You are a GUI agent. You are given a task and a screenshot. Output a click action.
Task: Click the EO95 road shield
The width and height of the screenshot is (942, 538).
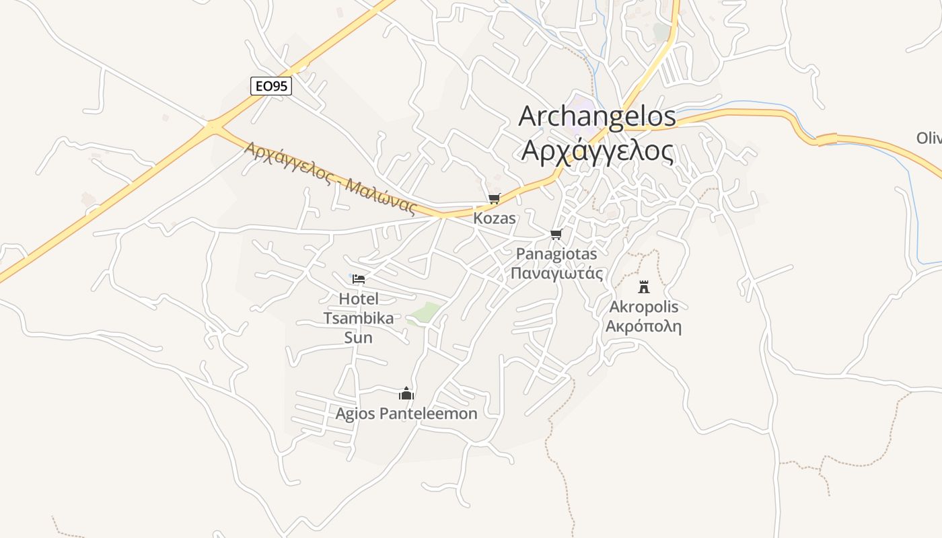(x=271, y=86)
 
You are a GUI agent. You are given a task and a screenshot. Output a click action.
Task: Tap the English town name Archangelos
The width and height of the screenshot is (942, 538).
(x=597, y=116)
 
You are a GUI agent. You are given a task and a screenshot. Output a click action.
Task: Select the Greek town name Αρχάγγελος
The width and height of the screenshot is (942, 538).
(x=597, y=151)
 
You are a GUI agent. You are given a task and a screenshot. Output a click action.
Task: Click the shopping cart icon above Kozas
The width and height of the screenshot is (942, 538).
(x=495, y=198)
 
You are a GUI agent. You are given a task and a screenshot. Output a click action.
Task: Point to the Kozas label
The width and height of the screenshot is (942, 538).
(x=495, y=218)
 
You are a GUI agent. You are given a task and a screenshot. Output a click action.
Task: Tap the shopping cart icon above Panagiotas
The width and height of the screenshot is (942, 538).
(x=556, y=234)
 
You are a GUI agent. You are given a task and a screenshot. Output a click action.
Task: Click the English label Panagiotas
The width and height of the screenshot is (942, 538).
(x=556, y=254)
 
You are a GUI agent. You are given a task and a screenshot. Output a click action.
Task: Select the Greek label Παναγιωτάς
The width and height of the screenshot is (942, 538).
(x=556, y=274)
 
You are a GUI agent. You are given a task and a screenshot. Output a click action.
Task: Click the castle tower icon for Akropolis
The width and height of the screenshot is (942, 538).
(x=644, y=286)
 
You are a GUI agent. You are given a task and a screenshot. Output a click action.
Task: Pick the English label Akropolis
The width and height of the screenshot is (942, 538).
(x=644, y=307)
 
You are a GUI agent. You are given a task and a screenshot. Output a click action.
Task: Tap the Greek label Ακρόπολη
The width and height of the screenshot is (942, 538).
(x=644, y=327)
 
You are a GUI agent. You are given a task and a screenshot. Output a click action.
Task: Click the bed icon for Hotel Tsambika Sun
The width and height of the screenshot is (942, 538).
(x=359, y=278)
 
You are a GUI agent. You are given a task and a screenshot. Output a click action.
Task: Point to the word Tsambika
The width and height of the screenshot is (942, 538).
(x=359, y=318)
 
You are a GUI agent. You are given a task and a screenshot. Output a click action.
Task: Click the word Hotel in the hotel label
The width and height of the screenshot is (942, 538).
(x=359, y=299)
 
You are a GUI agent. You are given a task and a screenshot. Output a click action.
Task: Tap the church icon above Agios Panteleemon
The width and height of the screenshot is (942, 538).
(x=406, y=393)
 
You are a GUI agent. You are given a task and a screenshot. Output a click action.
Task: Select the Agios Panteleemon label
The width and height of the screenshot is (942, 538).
(x=406, y=414)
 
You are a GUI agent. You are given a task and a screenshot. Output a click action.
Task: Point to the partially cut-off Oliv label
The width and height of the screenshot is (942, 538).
(x=929, y=139)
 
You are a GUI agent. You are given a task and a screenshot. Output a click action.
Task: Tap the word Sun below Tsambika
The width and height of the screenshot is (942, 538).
(x=359, y=338)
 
